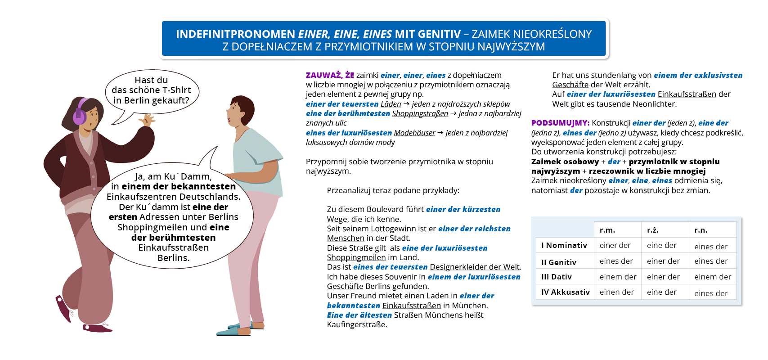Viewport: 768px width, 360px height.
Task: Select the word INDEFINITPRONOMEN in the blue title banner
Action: pyautogui.click(x=235, y=34)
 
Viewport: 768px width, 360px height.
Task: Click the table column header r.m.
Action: pyautogui.click(x=607, y=230)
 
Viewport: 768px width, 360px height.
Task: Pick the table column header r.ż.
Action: pyautogui.click(x=652, y=230)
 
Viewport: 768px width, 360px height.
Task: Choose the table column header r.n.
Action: pyautogui.click(x=701, y=230)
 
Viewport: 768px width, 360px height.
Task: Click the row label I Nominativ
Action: pyautogui.click(x=564, y=245)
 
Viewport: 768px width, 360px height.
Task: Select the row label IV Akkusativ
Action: pyautogui.click(x=565, y=292)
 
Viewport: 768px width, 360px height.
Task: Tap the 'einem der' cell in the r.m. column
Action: pyautogui.click(x=618, y=277)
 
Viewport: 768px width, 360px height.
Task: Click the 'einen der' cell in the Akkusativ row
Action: pyautogui.click(x=616, y=292)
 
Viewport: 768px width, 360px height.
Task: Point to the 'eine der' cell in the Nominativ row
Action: pyautogui.click(x=661, y=245)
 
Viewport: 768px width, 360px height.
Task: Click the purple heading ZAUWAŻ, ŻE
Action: pyautogui.click(x=330, y=75)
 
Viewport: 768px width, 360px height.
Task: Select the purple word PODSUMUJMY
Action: pyautogui.click(x=560, y=123)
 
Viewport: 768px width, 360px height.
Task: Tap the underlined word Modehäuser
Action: pyautogui.click(x=414, y=133)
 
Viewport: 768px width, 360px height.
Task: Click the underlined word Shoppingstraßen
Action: pyautogui.click(x=420, y=113)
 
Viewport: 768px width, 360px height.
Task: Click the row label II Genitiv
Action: pyautogui.click(x=559, y=262)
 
